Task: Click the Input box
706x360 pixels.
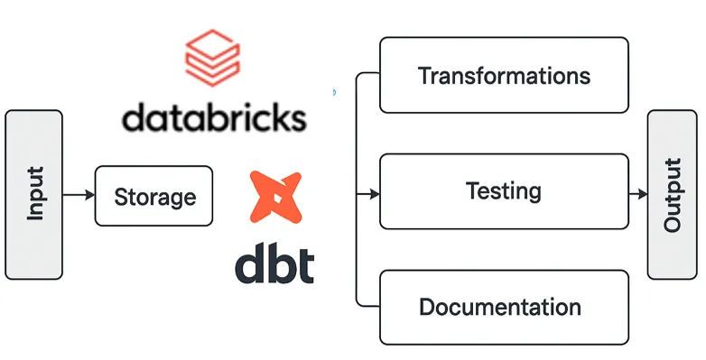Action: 34,195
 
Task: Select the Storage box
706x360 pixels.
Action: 153,195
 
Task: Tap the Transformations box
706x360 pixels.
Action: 504,75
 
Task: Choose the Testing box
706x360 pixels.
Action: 504,191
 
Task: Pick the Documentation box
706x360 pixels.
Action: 504,307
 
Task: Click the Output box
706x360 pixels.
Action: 673,195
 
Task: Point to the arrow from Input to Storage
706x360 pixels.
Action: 79,195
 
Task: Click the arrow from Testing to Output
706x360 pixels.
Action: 637,194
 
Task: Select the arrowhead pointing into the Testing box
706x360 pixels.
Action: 373,194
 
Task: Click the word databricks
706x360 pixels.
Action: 214,118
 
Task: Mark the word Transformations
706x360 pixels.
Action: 504,75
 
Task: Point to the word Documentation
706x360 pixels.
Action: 499,307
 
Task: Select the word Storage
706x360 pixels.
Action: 153,196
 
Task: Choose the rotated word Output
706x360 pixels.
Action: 673,195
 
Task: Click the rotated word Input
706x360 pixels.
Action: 35,195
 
